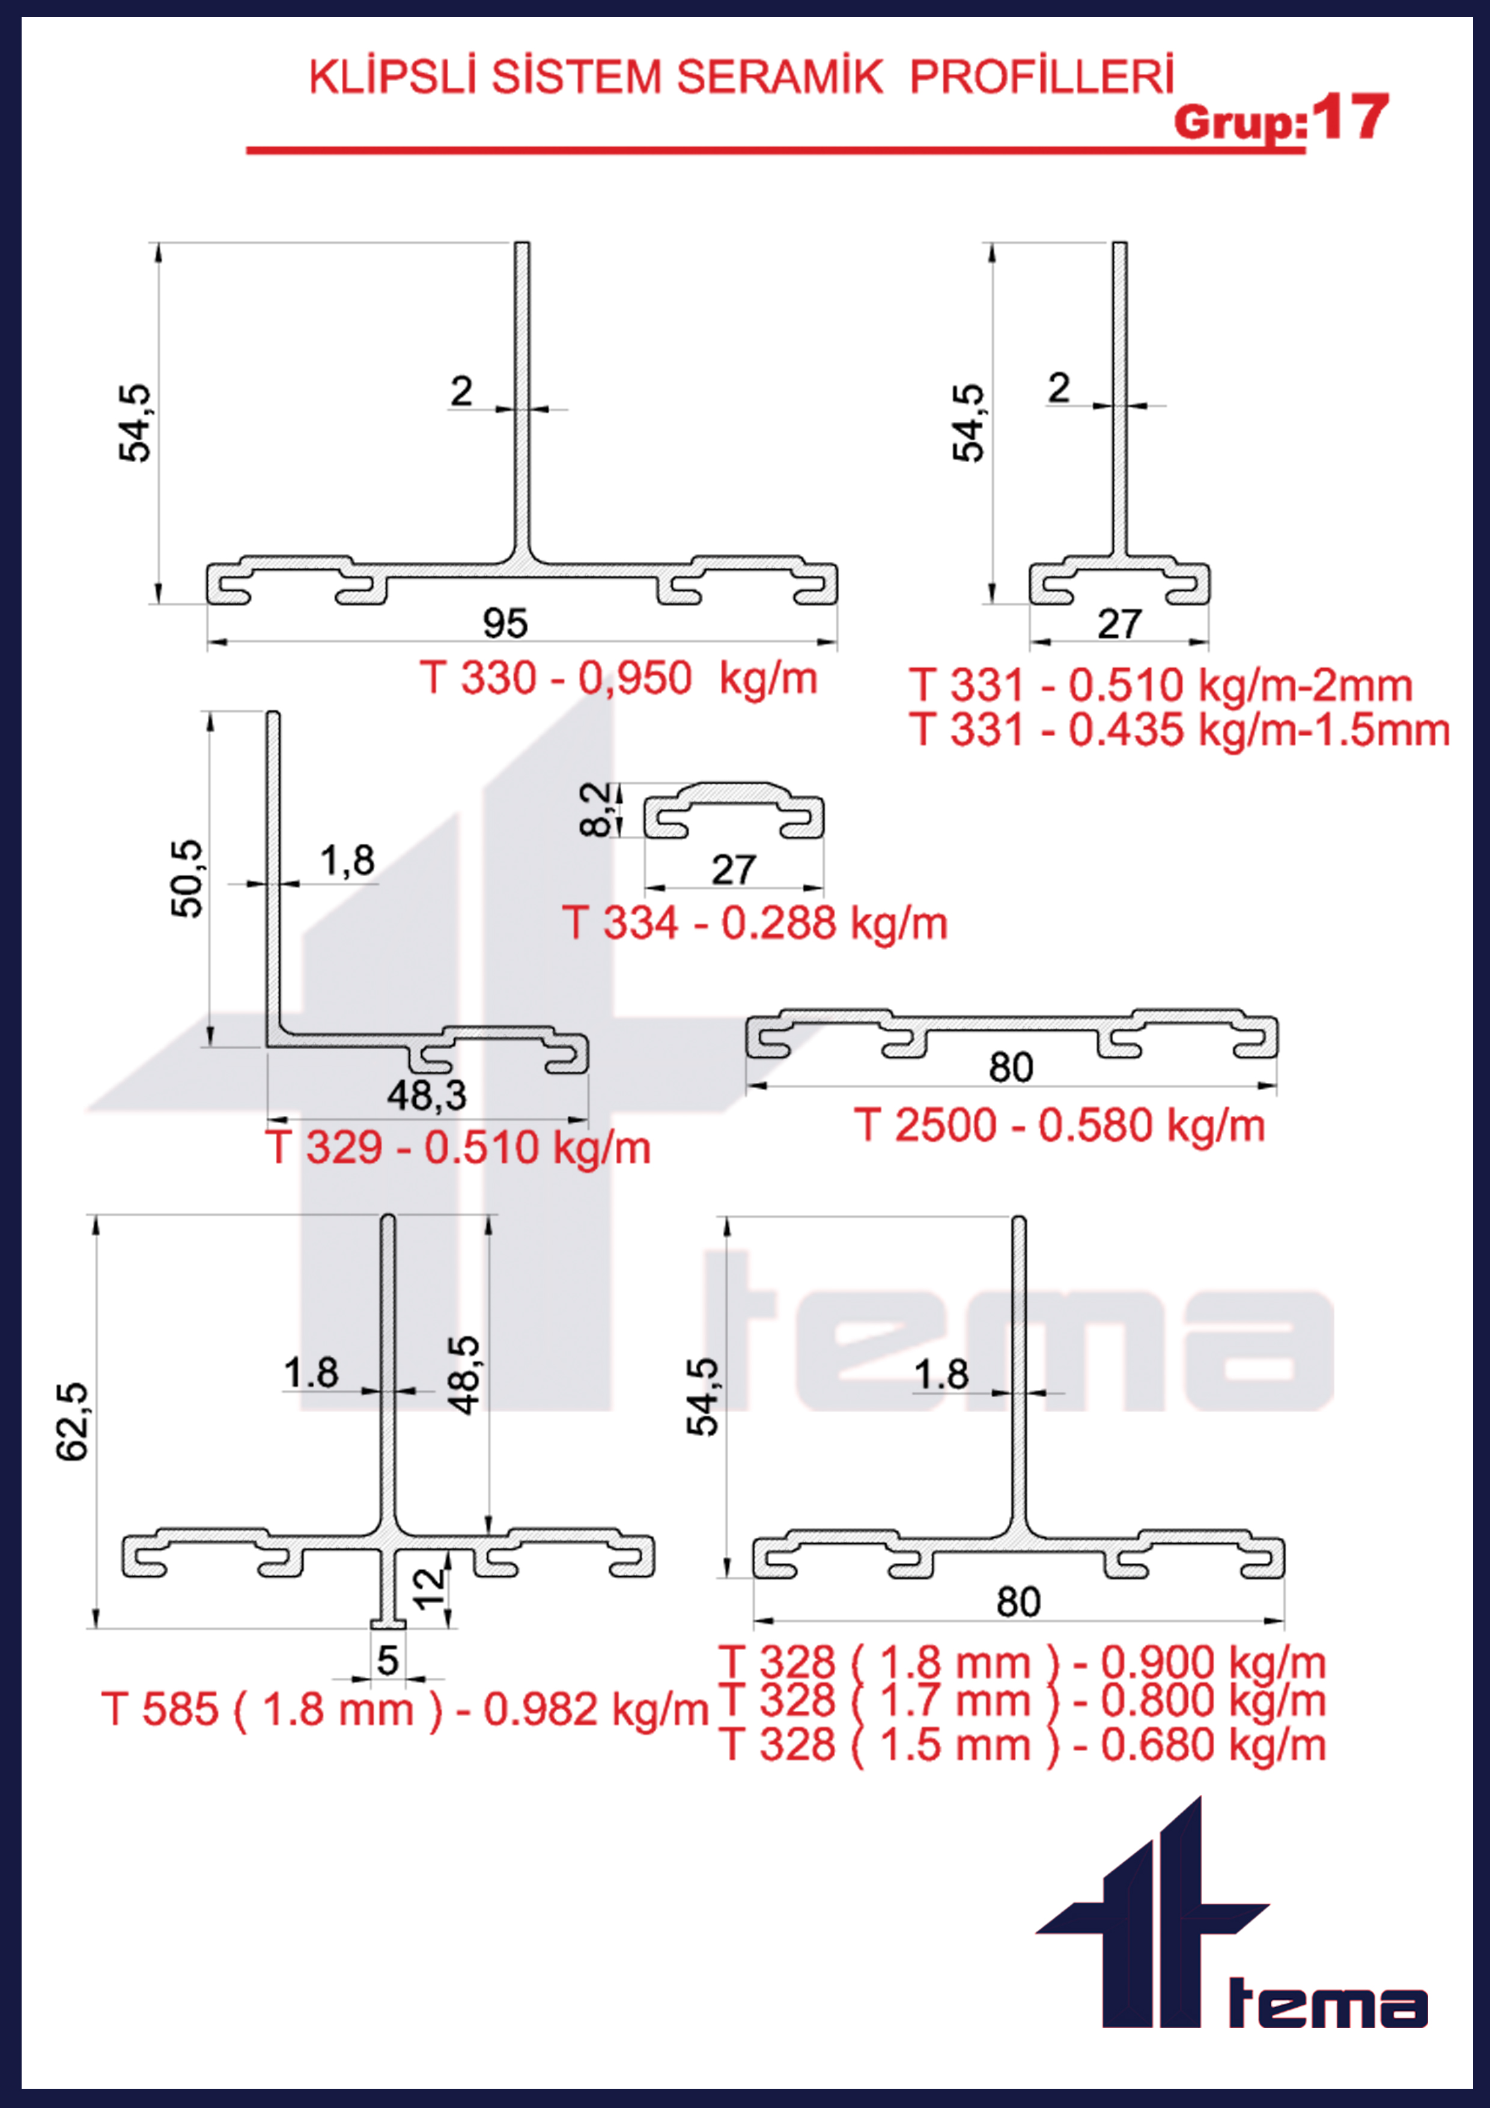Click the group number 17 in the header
pos(1349,118)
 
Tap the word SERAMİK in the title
pos(779,77)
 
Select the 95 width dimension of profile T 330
pos(505,623)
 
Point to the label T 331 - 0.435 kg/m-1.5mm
pos(1181,730)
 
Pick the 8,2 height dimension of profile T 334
pos(596,809)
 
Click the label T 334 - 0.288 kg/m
pos(755,923)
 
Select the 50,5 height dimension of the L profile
pos(187,878)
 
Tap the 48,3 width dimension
pos(427,1095)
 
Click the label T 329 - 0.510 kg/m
pos(458,1148)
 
